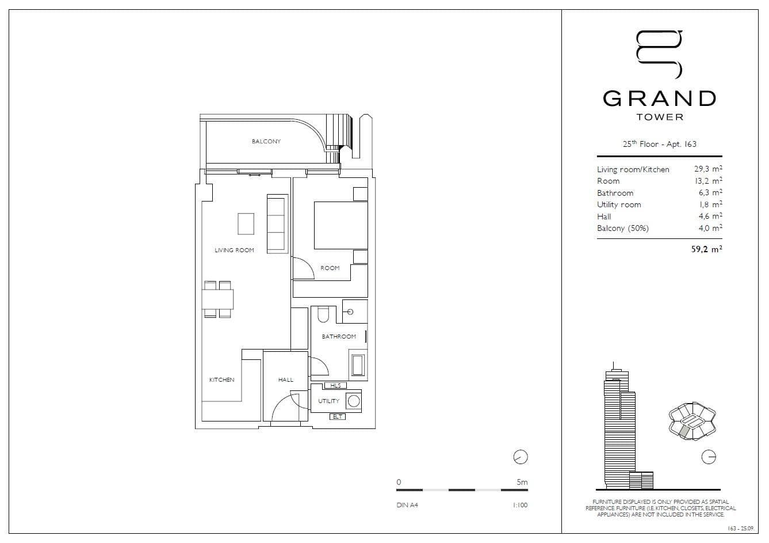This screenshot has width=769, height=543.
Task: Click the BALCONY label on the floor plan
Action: tap(266, 142)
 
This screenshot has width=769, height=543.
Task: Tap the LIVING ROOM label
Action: tap(234, 250)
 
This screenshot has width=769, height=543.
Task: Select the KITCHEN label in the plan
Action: tap(221, 380)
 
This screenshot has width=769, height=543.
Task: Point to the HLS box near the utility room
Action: tap(335, 386)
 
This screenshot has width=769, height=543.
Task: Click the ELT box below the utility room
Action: tap(338, 416)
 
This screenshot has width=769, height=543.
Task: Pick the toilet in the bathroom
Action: tap(323, 314)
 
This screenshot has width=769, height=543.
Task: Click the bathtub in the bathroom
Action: tap(357, 365)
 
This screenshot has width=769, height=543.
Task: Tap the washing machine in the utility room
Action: tap(354, 401)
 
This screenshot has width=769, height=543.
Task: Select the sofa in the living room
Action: tap(277, 223)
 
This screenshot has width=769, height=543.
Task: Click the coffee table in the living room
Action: tap(246, 224)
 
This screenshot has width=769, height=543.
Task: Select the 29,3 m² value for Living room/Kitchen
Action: tap(708, 169)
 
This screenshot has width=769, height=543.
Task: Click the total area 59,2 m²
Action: tap(706, 249)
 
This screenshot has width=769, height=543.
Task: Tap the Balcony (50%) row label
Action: tap(622, 229)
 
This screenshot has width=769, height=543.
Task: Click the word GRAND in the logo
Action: tap(659, 98)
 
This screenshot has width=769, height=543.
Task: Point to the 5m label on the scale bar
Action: tap(522, 483)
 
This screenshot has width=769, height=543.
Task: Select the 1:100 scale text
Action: tap(519, 506)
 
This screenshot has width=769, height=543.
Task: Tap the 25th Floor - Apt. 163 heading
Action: tap(659, 144)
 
